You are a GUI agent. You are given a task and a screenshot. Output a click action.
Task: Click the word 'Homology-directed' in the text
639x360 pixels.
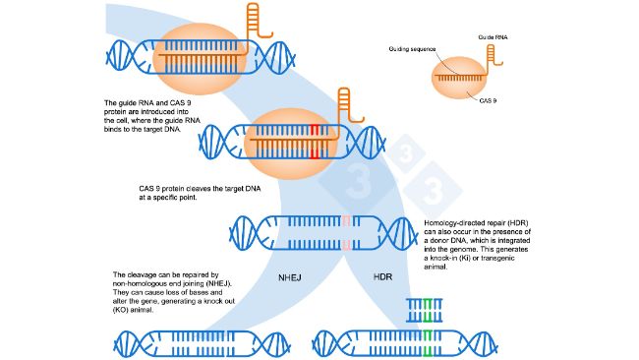coord(451,222)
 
